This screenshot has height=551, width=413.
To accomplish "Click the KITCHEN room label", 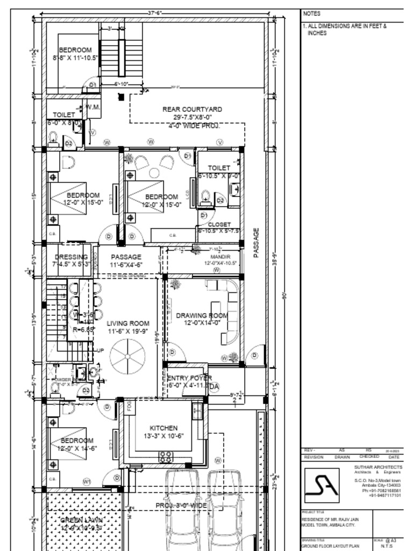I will pos(163,428).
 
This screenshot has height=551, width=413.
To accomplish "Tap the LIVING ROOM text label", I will pos(128,323).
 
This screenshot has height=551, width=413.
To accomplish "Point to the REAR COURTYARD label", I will pos(192,109).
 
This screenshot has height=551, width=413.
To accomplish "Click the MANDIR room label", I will pos(220,257).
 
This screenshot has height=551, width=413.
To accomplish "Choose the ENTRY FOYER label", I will pos(190,378).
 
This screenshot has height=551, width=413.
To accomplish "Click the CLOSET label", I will pos(219,224).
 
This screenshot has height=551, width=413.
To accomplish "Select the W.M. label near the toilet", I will pos(93,107).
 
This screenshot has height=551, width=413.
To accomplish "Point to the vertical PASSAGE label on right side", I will pos(256,243).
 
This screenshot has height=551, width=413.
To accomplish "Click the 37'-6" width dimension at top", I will pos(155,12).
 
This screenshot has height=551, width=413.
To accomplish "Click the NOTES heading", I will pos(311,13).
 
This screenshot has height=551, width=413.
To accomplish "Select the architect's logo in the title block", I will pos(322,485).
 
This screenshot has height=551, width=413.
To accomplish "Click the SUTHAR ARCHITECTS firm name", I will pos(378,467).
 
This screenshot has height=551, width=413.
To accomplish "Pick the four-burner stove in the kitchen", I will pos(166,457).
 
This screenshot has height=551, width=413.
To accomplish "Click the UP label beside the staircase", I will pos(100,350).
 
